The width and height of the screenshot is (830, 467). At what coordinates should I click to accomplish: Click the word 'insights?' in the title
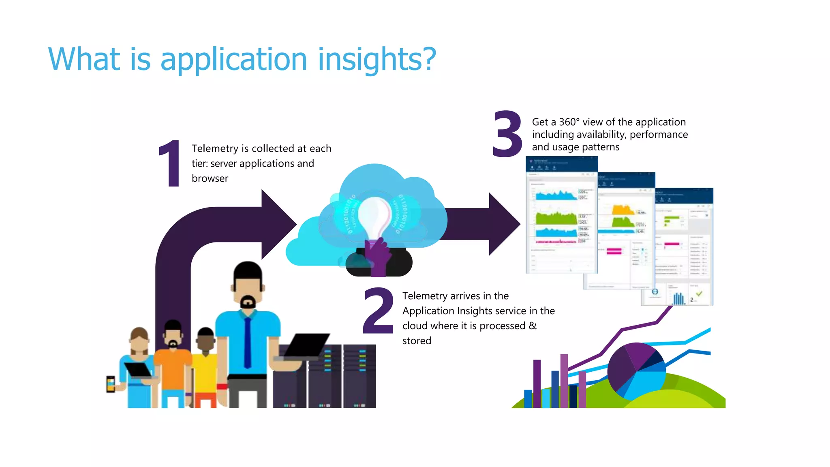tap(377, 60)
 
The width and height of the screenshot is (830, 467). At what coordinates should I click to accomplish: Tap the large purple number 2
tap(379, 311)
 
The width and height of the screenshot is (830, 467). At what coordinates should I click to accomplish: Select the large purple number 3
tap(507, 134)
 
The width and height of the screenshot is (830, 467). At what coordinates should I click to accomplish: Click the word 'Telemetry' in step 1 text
tap(215, 149)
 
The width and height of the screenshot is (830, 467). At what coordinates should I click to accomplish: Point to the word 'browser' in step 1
tap(210, 179)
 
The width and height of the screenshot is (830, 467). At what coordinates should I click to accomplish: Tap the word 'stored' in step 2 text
tap(416, 341)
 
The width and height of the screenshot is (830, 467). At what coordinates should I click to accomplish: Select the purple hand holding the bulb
tap(378, 255)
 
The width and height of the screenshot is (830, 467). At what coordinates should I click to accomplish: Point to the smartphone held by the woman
tap(110, 384)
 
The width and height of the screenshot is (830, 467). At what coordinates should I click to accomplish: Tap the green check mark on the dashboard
tap(699, 293)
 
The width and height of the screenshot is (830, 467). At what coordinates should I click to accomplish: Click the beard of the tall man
tap(248, 302)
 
